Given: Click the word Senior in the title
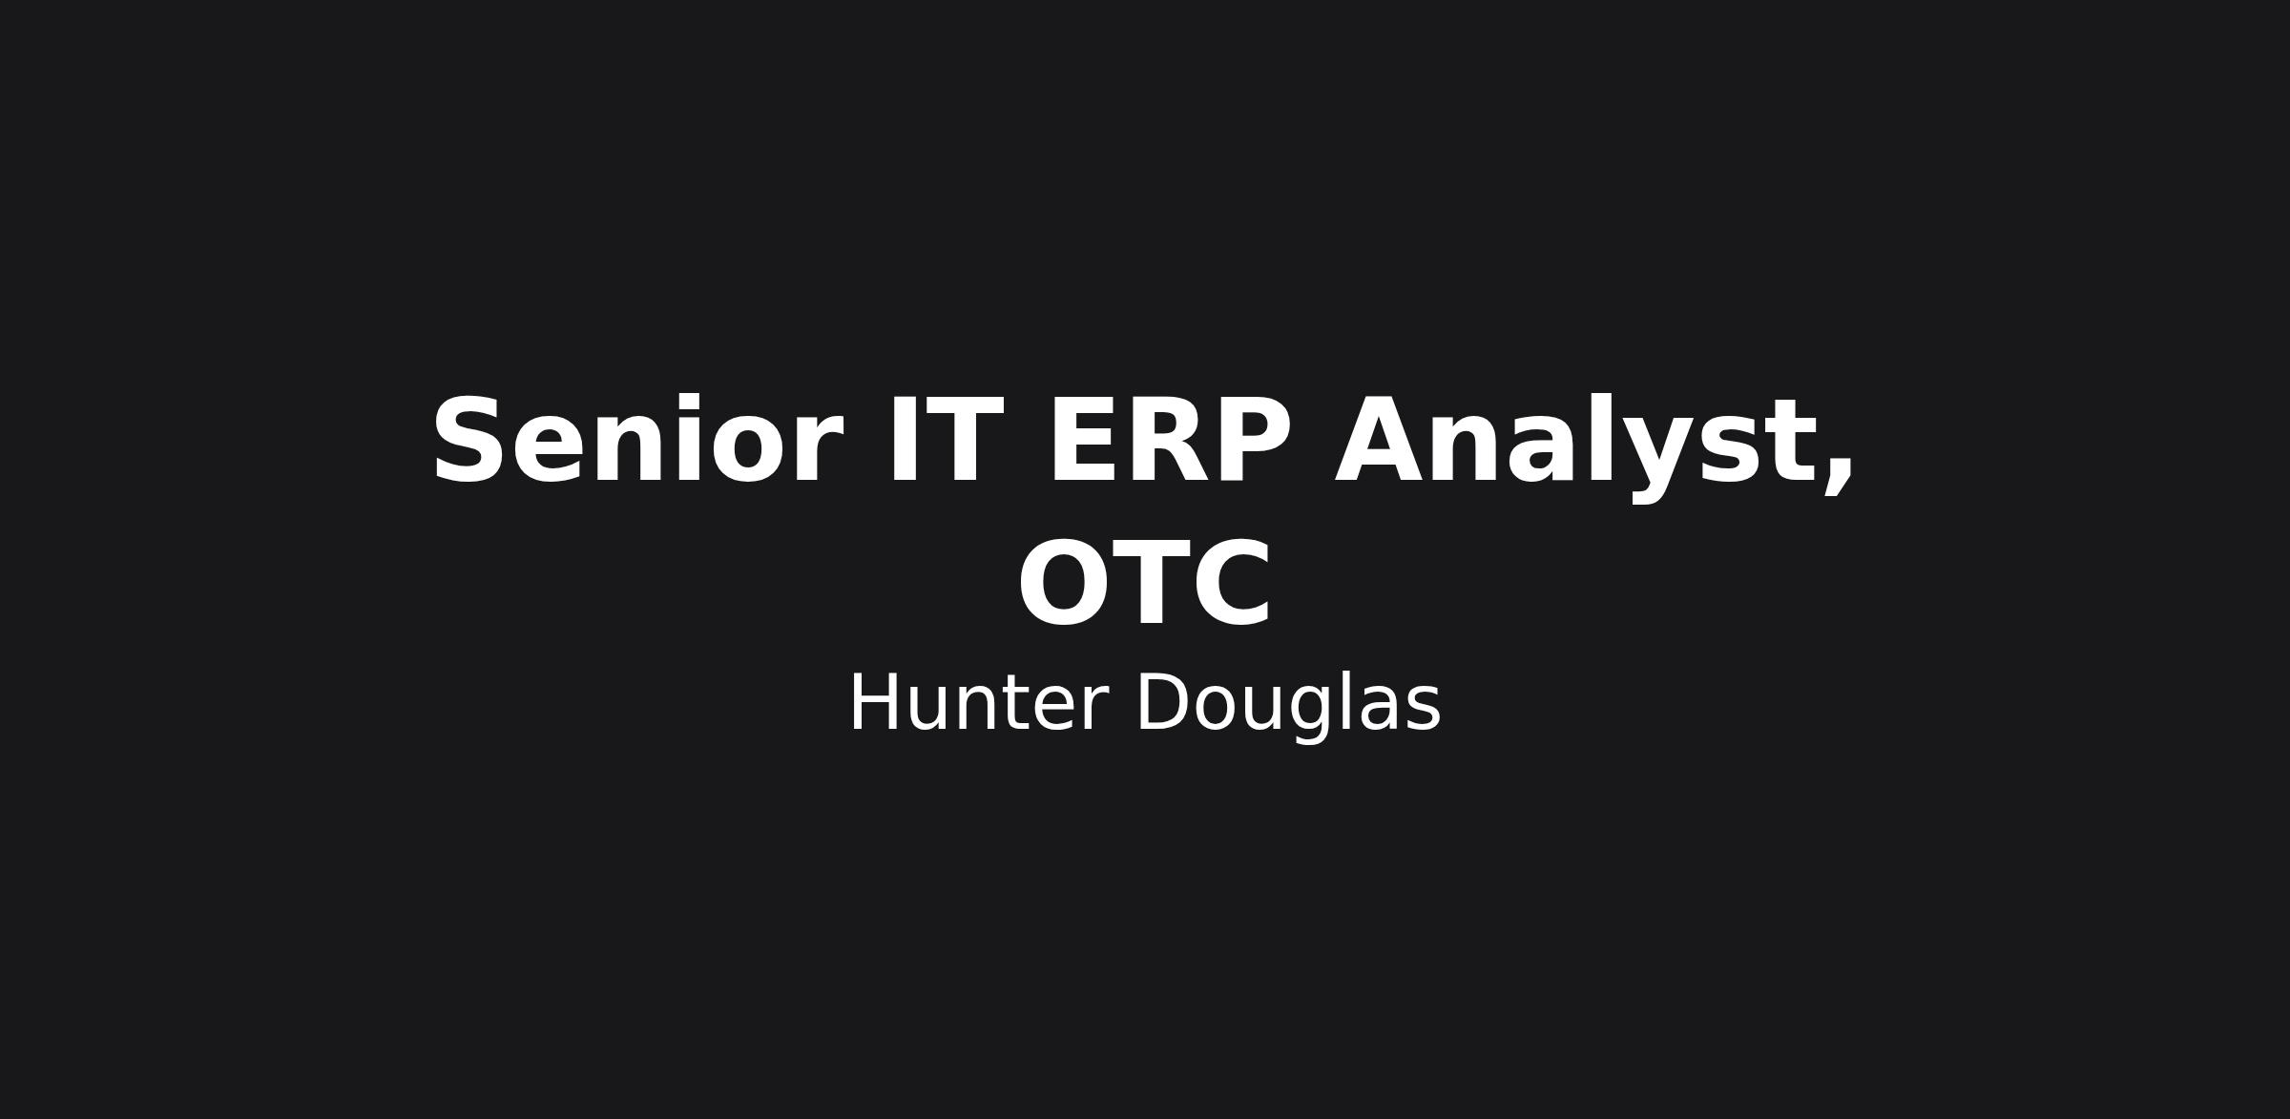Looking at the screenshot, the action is pyautogui.click(x=637, y=442).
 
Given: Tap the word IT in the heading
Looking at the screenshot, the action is pyautogui.click(x=945, y=442).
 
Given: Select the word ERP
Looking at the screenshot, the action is pyautogui.click(x=1170, y=442).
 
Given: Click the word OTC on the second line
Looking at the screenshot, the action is pyautogui.click(x=1145, y=584).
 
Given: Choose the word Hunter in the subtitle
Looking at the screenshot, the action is pyautogui.click(x=978, y=704).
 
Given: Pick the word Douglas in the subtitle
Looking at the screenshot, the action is pyautogui.click(x=1288, y=706).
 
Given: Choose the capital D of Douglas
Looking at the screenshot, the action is pyautogui.click(x=1163, y=703).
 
